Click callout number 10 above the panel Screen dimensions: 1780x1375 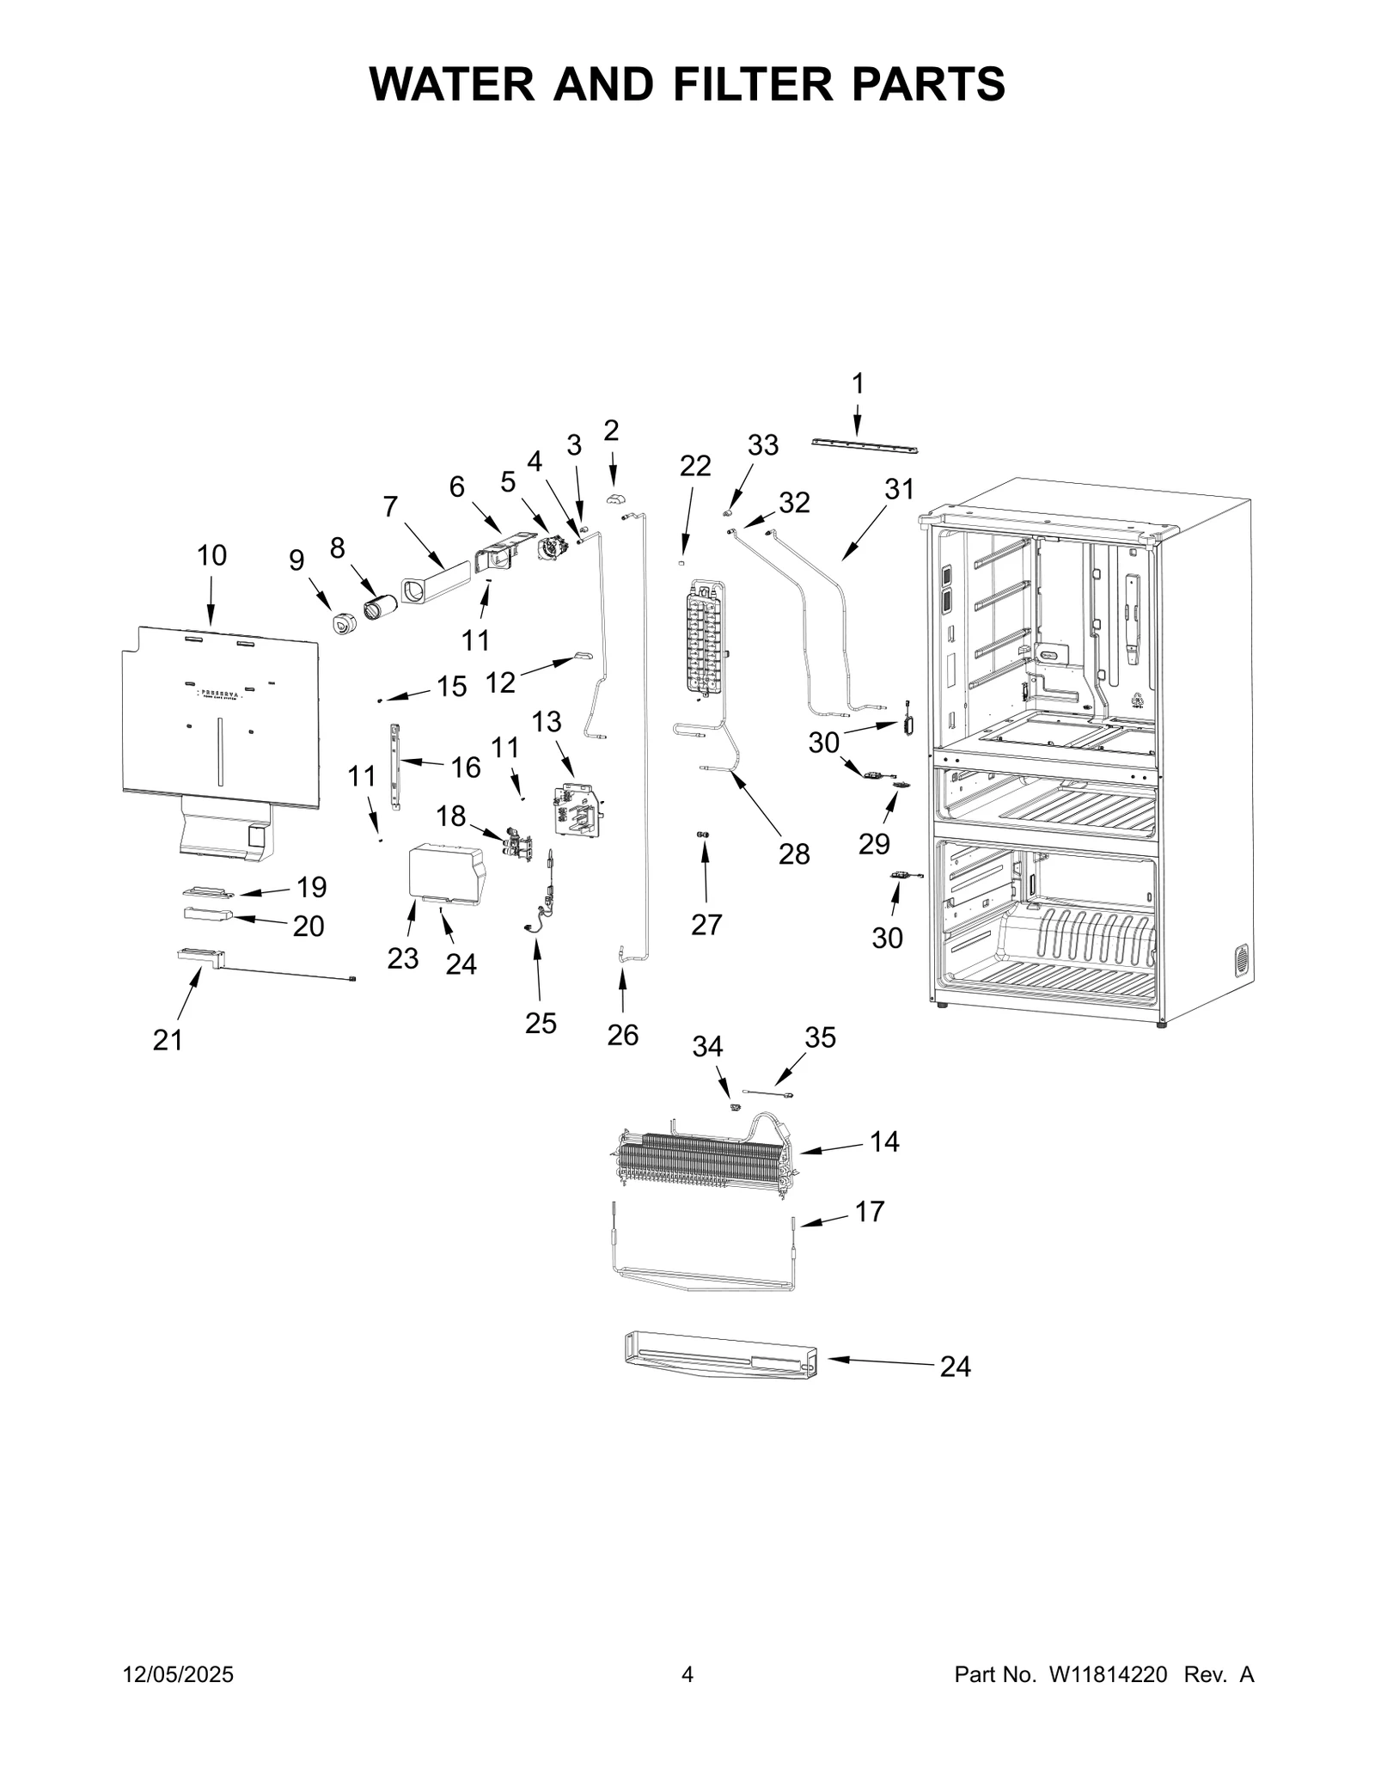coord(211,556)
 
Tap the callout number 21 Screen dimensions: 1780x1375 coord(168,1040)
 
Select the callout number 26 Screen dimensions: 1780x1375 coord(622,1035)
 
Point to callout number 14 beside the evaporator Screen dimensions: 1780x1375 coord(884,1141)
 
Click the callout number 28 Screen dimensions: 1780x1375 coord(794,853)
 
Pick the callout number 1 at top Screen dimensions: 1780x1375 coord(857,383)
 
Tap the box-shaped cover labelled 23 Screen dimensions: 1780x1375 coord(444,873)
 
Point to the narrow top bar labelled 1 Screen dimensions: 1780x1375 coord(865,447)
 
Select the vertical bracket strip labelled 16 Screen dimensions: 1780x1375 coord(396,764)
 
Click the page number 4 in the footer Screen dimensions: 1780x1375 coord(687,1674)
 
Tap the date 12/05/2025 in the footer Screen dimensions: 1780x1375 coord(179,1674)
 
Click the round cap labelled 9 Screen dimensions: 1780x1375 coord(344,625)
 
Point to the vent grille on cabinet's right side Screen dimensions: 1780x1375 coord(1241,960)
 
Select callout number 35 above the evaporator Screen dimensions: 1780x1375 coord(820,1037)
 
